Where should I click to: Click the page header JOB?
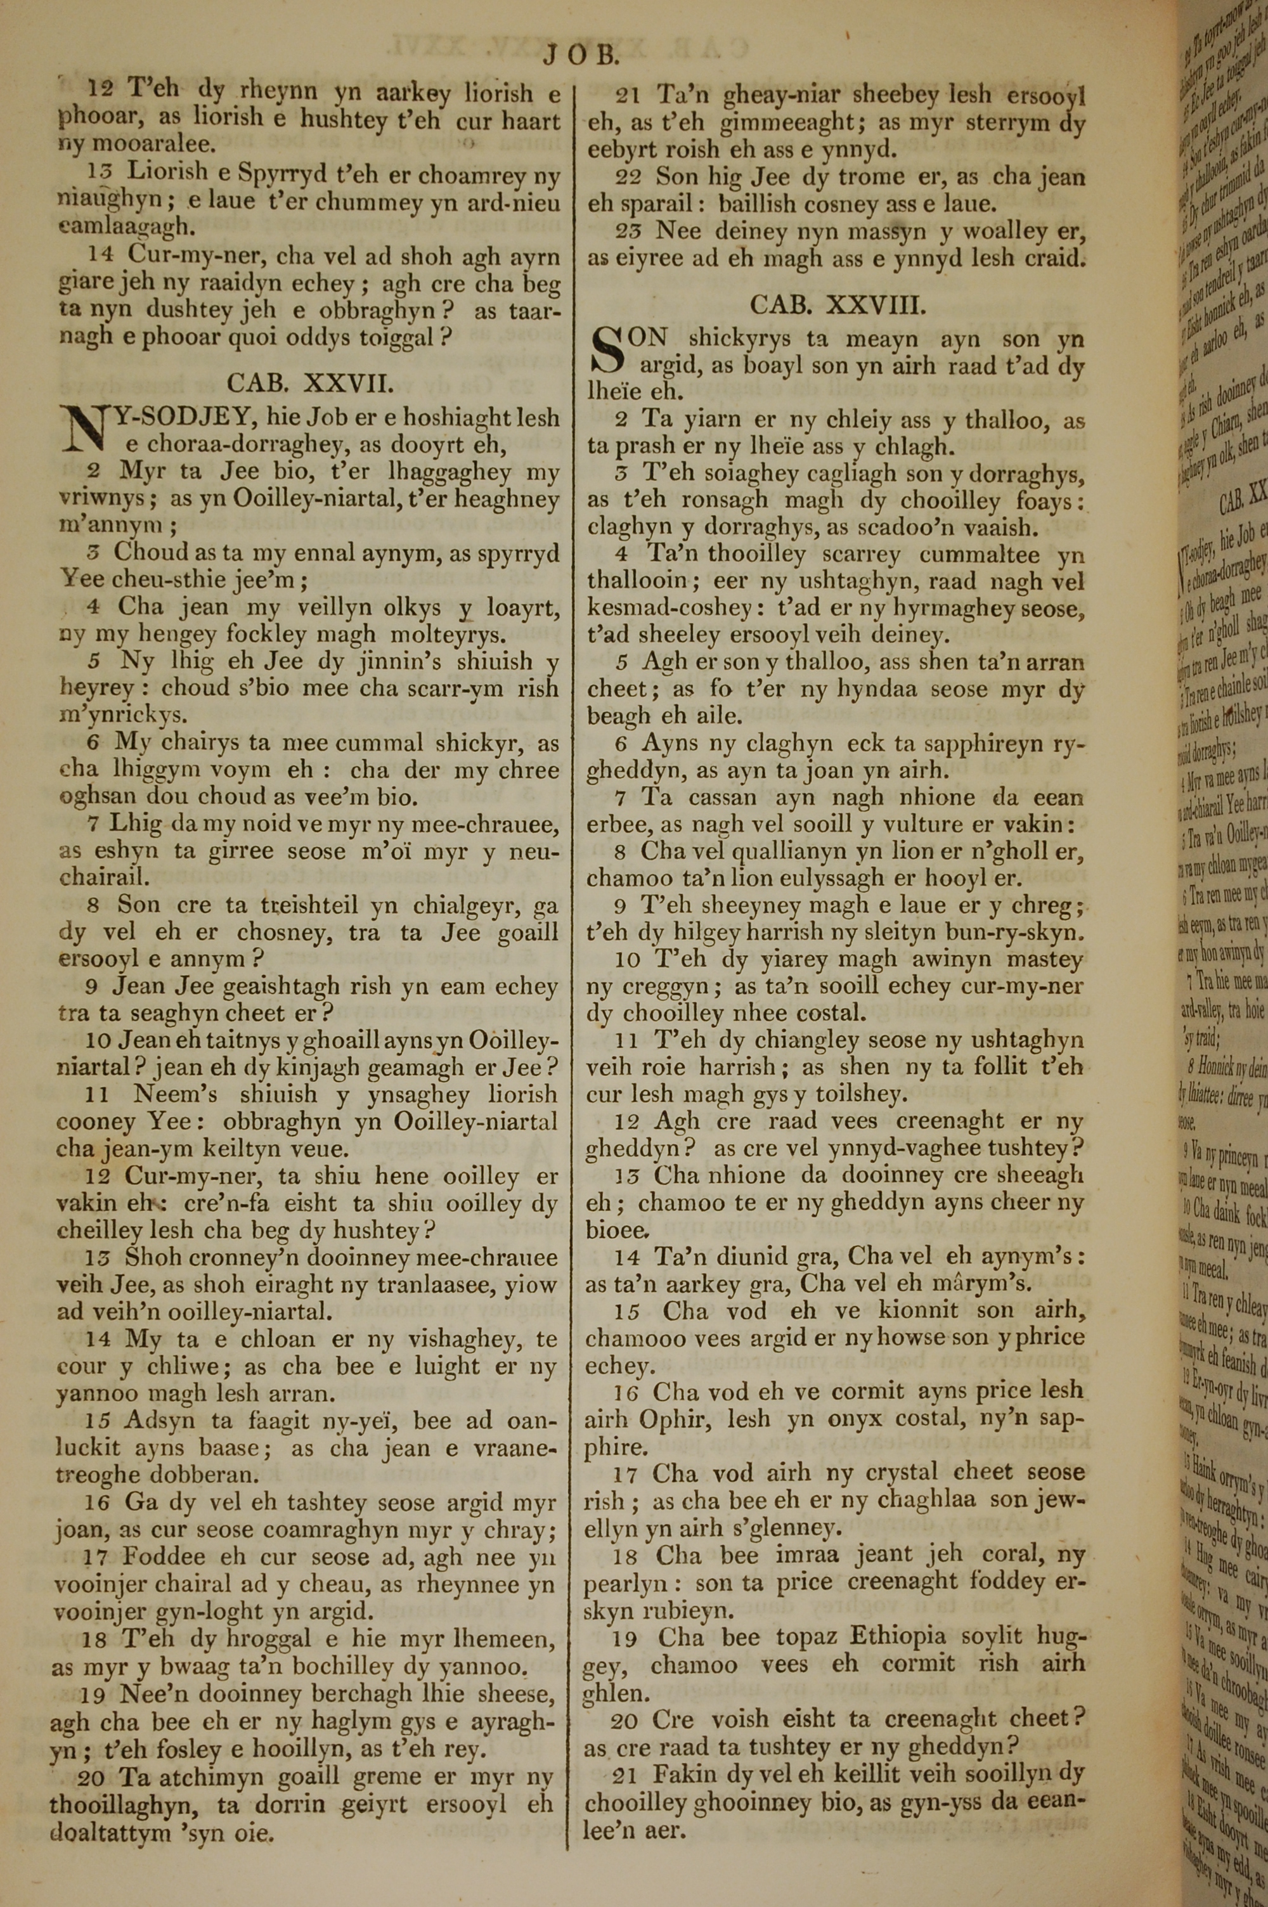[x=581, y=55]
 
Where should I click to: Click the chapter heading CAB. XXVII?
[x=310, y=382]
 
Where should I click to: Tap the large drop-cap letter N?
[x=83, y=431]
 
